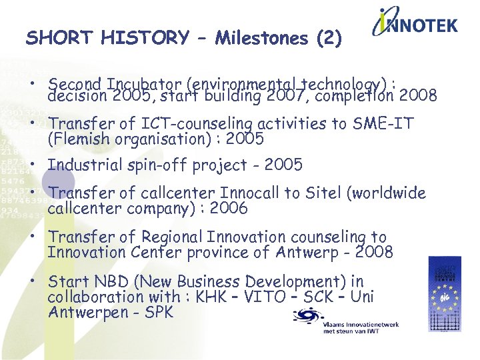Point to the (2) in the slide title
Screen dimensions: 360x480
point(329,39)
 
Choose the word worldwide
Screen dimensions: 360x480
point(385,193)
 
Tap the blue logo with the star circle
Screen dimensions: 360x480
point(444,294)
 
